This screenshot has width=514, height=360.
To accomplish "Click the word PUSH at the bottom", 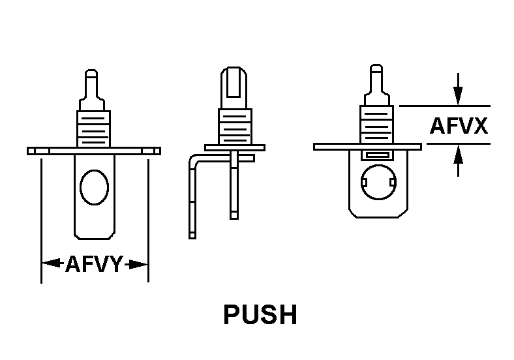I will pos(260,315).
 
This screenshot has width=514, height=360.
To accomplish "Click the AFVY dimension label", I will pos(94,264).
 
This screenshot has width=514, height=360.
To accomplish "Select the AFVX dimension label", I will pos(459,125).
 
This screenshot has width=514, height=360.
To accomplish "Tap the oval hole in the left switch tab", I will pos(94,187).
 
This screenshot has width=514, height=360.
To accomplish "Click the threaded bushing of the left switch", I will pos(94,128).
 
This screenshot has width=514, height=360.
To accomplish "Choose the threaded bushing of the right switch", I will pos(376,124).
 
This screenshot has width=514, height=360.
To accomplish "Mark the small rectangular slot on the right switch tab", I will pos(377,155).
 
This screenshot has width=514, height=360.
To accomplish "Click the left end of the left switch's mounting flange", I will pos(33,151).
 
